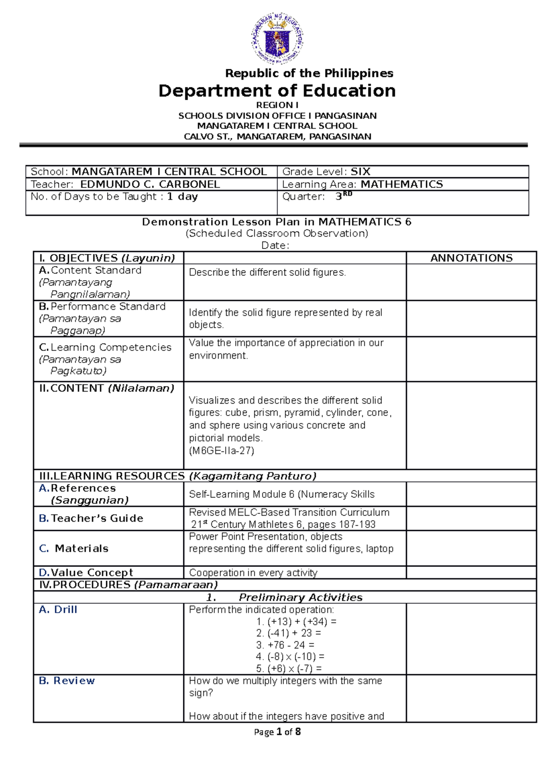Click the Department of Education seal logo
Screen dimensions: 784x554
[277, 38]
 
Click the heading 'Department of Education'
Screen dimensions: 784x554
[277, 90]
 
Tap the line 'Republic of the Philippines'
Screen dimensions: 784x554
[309, 73]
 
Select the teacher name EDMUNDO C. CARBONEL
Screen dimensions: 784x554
[150, 184]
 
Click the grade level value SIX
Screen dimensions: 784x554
[360, 172]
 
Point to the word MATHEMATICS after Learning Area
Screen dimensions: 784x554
[401, 184]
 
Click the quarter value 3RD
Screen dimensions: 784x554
[343, 196]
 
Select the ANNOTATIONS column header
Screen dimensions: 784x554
[471, 258]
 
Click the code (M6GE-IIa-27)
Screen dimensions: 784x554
[222, 451]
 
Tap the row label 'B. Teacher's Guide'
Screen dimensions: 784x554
[91, 518]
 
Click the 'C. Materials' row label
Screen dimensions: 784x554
[74, 548]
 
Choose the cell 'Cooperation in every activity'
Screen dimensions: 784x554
[253, 573]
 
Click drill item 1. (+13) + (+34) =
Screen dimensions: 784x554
[296, 621]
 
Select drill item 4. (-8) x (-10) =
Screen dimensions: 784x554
[290, 657]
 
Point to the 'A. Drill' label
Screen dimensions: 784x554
[58, 609]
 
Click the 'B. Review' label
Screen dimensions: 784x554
[67, 681]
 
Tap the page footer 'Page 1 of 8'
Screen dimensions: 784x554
[277, 732]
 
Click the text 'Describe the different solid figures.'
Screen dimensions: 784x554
[267, 272]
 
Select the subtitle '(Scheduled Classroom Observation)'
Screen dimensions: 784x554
[277, 233]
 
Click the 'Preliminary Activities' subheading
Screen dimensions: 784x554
[300, 597]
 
